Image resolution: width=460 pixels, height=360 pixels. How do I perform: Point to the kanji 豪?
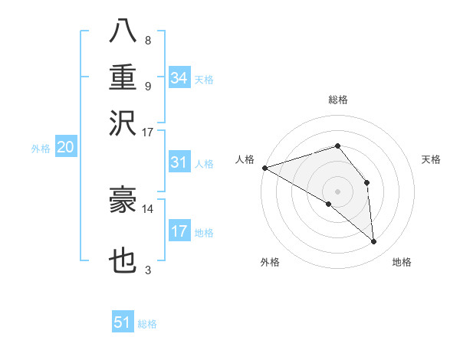[x=123, y=200]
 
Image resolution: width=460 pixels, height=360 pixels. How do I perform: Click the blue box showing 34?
[x=179, y=77]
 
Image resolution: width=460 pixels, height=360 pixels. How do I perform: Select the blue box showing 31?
[x=179, y=162]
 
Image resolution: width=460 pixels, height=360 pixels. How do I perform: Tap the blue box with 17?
[x=179, y=231]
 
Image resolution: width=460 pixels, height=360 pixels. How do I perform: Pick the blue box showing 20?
[x=65, y=148]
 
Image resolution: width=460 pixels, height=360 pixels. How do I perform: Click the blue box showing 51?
[x=123, y=322]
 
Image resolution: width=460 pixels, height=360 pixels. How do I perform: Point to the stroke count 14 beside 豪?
[x=147, y=208]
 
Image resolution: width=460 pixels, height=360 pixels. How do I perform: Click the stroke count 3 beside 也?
[x=148, y=270]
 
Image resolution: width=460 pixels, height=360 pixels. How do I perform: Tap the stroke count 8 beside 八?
[x=148, y=41]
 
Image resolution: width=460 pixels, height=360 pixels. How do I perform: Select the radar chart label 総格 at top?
[x=338, y=100]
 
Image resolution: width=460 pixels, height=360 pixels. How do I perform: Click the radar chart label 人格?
[x=245, y=159]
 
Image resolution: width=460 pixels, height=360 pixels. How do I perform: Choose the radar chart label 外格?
[x=270, y=263]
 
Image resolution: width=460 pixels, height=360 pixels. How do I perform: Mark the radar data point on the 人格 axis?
[x=264, y=168]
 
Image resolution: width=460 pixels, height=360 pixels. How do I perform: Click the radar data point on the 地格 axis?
[x=374, y=241]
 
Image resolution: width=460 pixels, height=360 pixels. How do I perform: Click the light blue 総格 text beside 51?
[x=147, y=324]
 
